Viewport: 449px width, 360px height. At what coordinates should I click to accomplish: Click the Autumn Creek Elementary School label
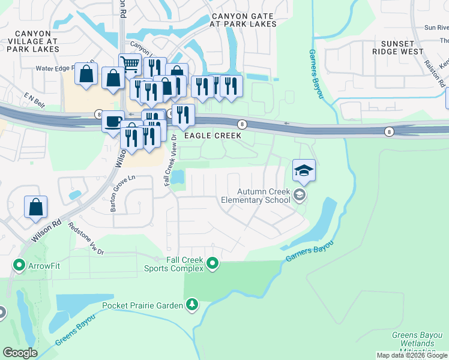255,196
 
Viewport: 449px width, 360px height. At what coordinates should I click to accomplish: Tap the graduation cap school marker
304,170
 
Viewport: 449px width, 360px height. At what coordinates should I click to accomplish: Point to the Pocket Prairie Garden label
142,305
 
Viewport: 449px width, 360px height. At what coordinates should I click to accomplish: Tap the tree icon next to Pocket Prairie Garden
191,305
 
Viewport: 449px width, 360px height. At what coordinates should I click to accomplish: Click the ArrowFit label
44,265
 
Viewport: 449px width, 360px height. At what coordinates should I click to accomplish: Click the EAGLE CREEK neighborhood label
212,136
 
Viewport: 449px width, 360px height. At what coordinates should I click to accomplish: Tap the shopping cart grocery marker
130,64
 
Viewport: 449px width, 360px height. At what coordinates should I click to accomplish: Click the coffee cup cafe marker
112,121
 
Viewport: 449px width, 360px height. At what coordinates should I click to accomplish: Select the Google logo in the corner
20,353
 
